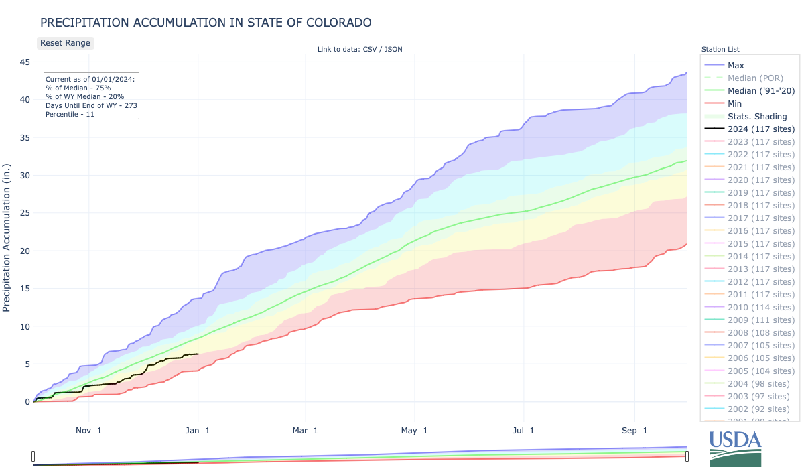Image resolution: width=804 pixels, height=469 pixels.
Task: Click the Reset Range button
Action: pyautogui.click(x=64, y=42)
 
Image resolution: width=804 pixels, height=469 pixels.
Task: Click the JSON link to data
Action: pyautogui.click(x=393, y=49)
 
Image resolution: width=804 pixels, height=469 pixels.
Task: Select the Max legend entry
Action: pyautogui.click(x=736, y=66)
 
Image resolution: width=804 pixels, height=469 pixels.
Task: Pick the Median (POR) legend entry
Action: pyautogui.click(x=755, y=78)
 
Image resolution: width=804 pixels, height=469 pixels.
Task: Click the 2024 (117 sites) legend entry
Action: pyautogui.click(x=761, y=129)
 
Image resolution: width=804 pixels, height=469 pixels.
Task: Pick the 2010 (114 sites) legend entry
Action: pyautogui.click(x=761, y=308)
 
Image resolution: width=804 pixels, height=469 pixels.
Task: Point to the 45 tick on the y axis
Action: pyautogui.click(x=25, y=62)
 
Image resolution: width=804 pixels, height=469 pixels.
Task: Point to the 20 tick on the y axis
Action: pyautogui.click(x=25, y=251)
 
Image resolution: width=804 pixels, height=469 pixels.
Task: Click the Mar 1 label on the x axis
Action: pyautogui.click(x=306, y=430)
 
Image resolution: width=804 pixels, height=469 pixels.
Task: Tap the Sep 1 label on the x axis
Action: pyautogui.click(x=634, y=430)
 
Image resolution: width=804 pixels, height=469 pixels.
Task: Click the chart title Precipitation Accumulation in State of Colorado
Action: pyautogui.click(x=206, y=23)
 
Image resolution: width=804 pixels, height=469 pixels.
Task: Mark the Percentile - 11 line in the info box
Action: pyautogui.click(x=70, y=115)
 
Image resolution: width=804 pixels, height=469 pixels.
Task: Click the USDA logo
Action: pyautogui.click(x=735, y=448)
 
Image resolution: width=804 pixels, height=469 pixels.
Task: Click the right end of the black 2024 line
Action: pyautogui.click(x=198, y=354)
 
